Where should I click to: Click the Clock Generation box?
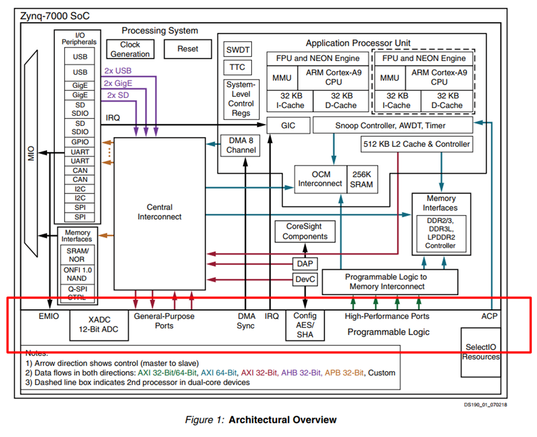pos(130,49)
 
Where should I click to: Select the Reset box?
pos(188,49)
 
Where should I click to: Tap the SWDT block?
pos(237,50)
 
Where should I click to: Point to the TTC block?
pos(237,67)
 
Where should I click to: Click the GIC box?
pos(288,125)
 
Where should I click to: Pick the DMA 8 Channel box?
pos(241,145)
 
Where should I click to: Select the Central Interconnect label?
pos(159,212)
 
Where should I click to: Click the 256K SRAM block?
pos(362,179)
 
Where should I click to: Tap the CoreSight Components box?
pos(305,232)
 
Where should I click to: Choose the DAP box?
pos(305,263)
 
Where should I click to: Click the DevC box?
pos(305,279)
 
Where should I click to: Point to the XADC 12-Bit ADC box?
pos(99,325)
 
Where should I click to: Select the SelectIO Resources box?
pos(480,352)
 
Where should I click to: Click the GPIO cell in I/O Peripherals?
pos(80,142)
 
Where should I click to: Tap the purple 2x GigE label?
pos(118,84)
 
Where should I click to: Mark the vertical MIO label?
pos(31,153)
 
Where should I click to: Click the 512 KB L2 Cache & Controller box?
pos(416,144)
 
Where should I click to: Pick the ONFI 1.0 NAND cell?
pos(78,274)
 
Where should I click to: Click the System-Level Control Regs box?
pos(241,99)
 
